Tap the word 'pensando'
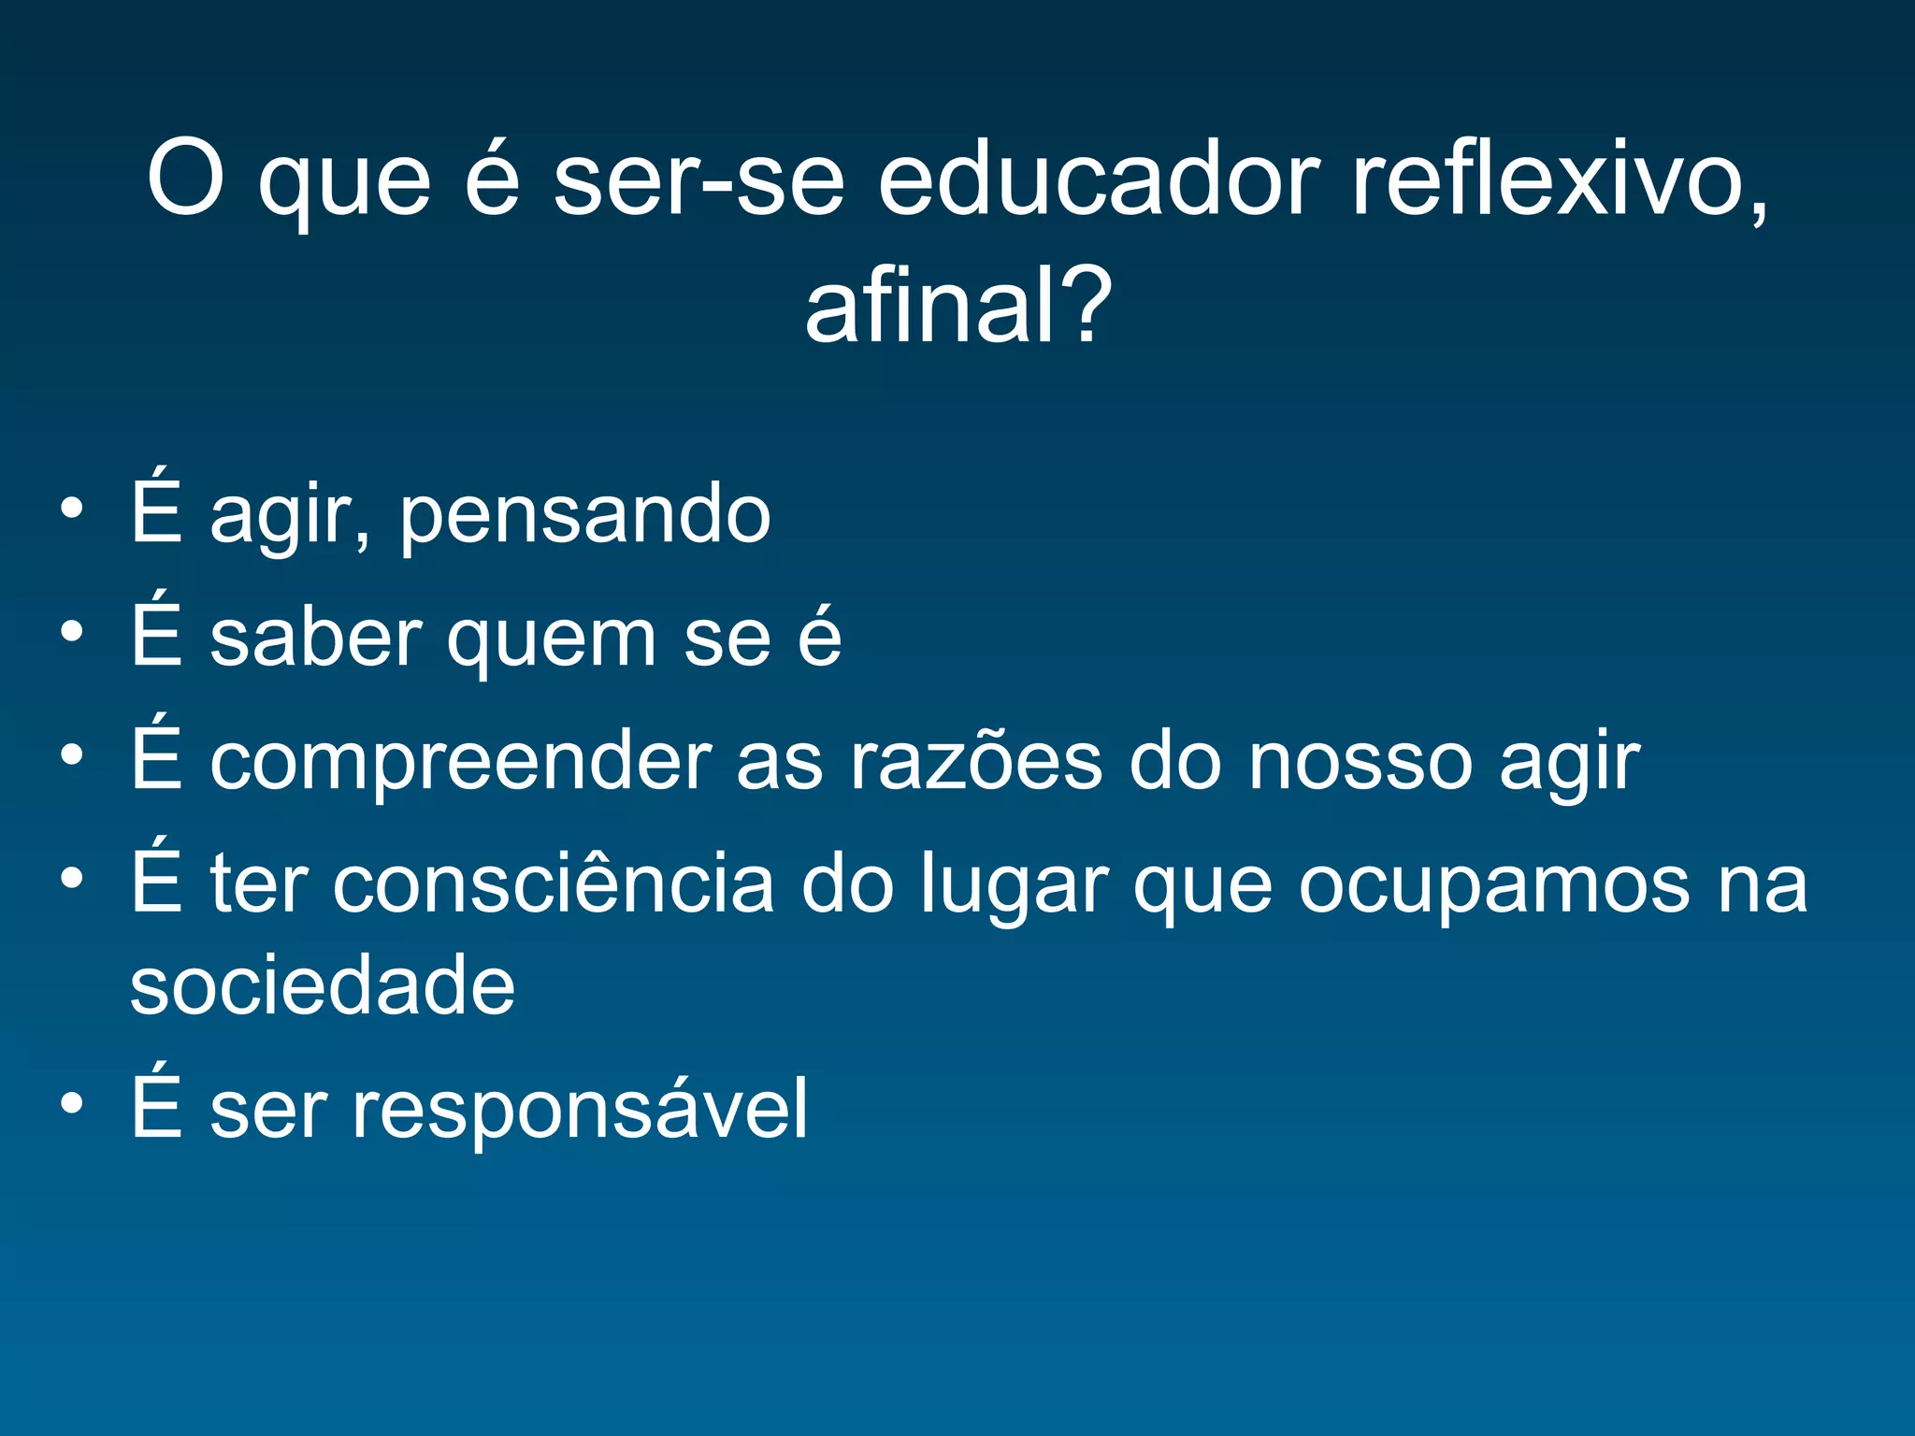click(585, 516)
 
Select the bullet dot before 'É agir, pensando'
click(72, 510)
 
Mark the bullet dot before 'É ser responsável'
click(72, 1104)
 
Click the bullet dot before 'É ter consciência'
click(72, 879)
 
